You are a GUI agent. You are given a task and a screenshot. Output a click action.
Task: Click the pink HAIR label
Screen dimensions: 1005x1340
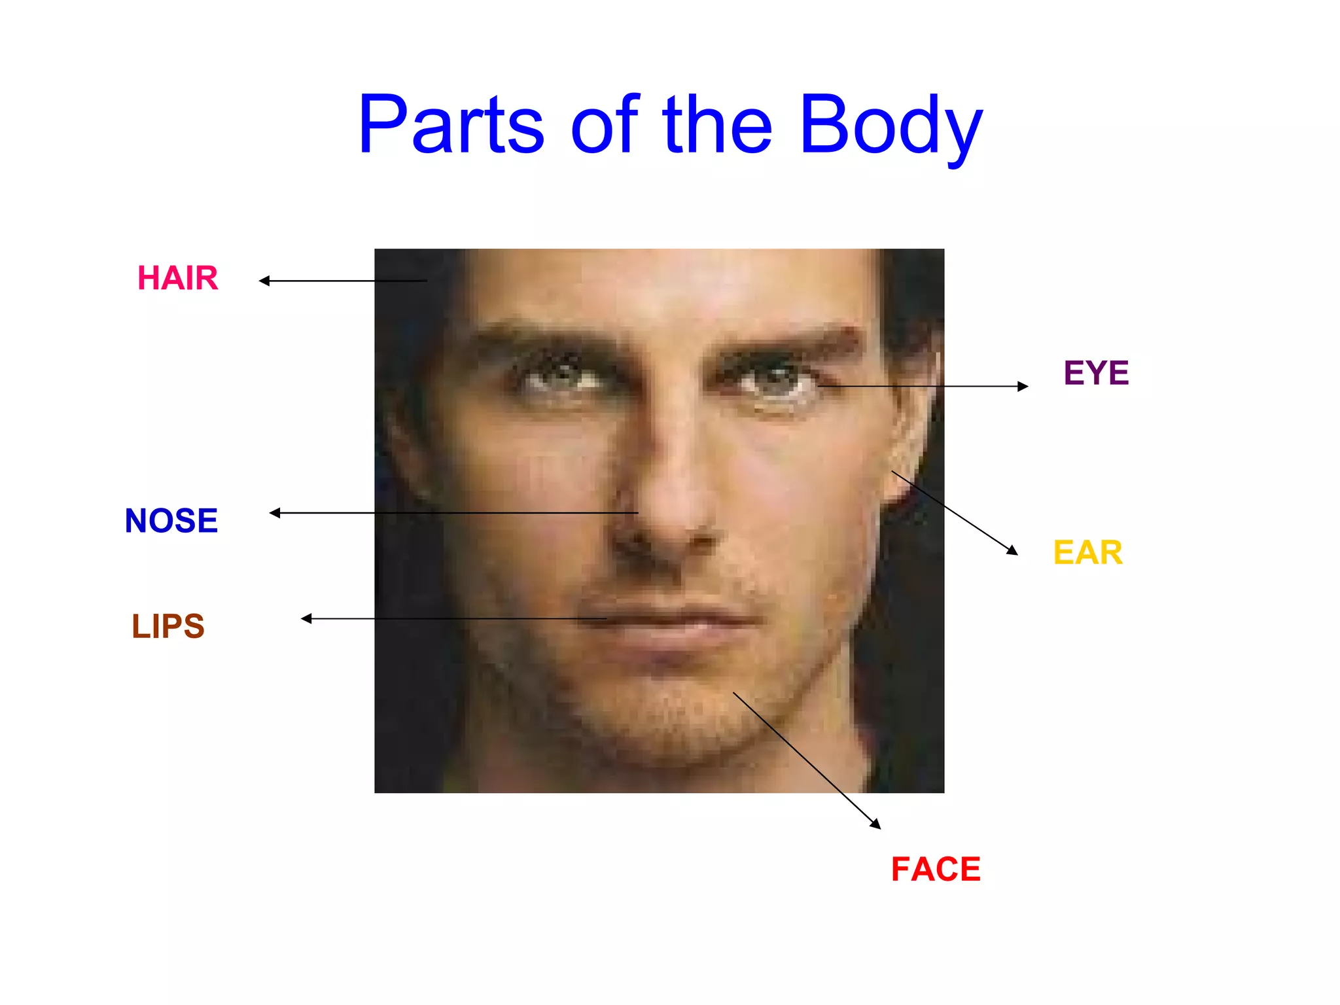pos(177,278)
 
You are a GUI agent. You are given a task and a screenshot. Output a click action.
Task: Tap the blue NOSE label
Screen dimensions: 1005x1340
pos(171,521)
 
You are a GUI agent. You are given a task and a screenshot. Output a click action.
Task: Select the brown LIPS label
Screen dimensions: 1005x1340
pos(168,626)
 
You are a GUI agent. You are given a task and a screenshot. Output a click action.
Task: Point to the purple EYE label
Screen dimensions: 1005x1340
pos(1096,373)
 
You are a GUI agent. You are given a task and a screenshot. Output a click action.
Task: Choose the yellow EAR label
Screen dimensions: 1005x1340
pos(1087,552)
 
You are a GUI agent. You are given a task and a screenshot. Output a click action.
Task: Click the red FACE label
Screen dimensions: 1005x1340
pos(936,870)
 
